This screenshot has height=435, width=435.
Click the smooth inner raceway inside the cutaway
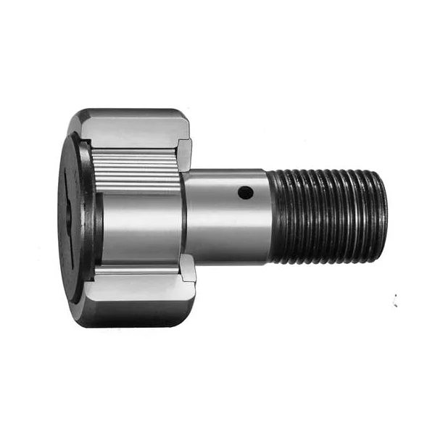click(x=138, y=217)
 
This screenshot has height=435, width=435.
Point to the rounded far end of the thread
click(x=383, y=215)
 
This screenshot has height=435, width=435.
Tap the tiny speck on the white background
click(x=395, y=301)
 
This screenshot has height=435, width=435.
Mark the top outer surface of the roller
click(x=130, y=116)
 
